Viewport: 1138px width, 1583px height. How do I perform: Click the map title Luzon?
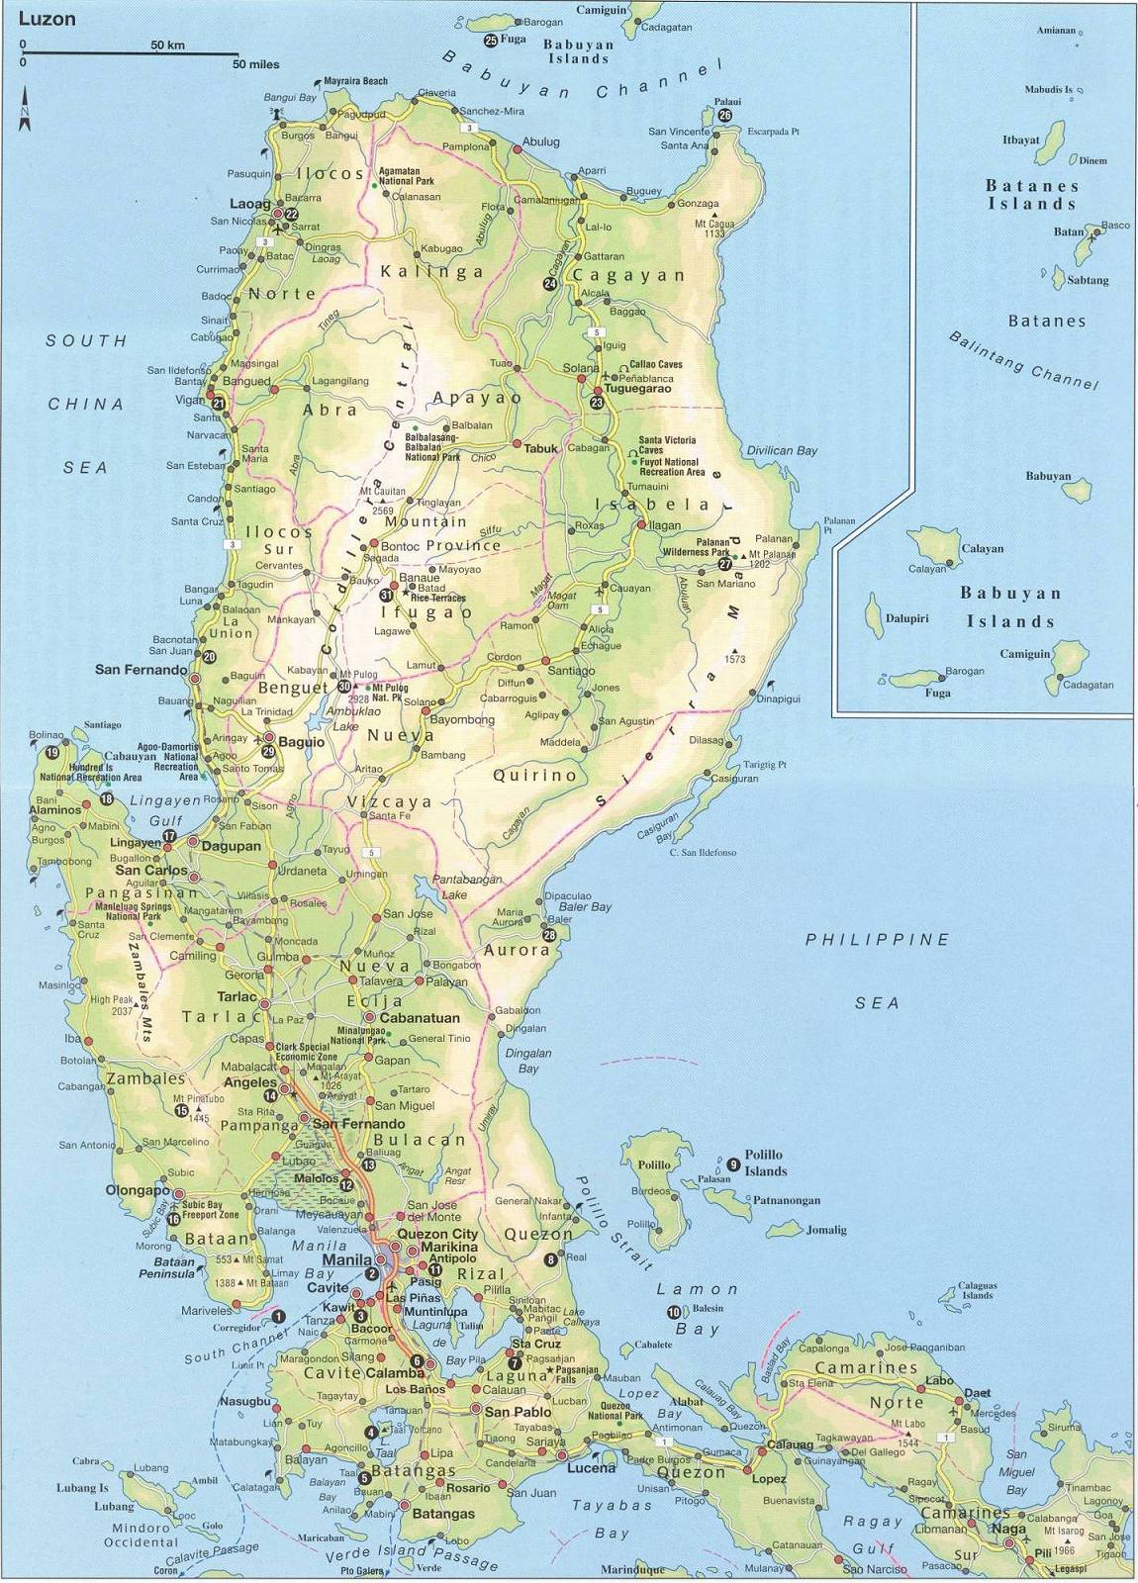click(47, 19)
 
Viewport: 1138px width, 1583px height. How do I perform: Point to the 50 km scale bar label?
click(168, 46)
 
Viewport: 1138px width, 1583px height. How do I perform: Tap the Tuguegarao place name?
click(645, 389)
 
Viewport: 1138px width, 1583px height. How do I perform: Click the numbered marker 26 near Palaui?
click(725, 115)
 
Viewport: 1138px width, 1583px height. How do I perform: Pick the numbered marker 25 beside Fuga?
click(491, 41)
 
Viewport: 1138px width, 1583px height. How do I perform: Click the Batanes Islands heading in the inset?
click(1031, 194)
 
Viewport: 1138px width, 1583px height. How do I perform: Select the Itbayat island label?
click(1020, 140)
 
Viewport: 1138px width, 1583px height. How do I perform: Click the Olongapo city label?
click(139, 1190)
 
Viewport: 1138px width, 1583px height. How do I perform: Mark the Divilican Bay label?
click(782, 450)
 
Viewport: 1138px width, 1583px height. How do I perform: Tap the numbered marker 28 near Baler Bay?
click(549, 934)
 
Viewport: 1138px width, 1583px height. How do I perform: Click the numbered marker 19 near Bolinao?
click(51, 752)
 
